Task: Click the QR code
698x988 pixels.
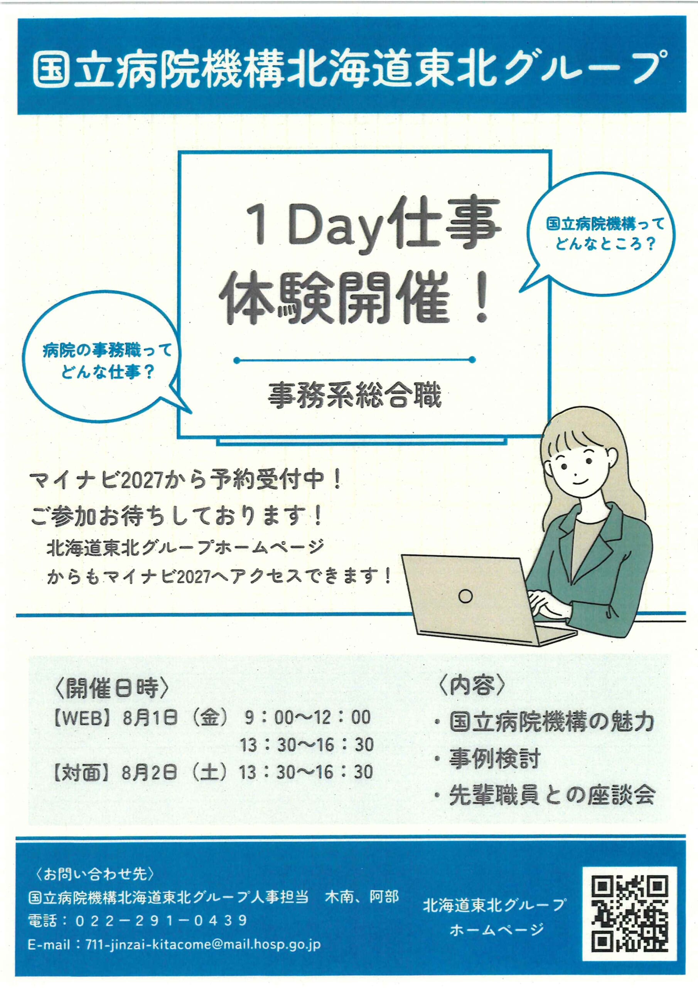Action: (629, 914)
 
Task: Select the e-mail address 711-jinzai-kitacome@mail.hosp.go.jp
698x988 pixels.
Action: (203, 944)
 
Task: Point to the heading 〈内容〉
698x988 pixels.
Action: (472, 685)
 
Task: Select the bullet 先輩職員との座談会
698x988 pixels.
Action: (552, 795)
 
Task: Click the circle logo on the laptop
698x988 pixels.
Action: (466, 596)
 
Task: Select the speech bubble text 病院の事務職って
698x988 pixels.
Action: (107, 351)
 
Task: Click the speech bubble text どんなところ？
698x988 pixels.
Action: (605, 244)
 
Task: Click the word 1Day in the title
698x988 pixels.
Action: (314, 226)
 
